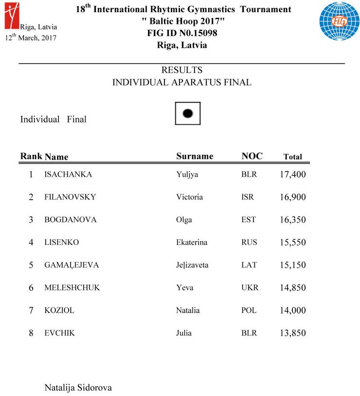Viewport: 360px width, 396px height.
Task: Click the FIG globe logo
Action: pyautogui.click(x=339, y=21)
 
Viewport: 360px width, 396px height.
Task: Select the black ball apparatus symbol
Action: pyautogui.click(x=188, y=113)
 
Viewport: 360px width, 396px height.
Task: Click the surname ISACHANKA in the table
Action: pyautogui.click(x=68, y=174)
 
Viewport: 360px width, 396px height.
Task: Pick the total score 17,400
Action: pyautogui.click(x=292, y=174)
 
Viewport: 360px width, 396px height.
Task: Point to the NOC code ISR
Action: pyautogui.click(x=248, y=197)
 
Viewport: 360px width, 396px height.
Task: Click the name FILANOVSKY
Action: pyautogui.click(x=70, y=197)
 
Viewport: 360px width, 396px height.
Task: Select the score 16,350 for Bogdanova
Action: pyautogui.click(x=292, y=220)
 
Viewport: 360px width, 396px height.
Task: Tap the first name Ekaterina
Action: pyautogui.click(x=192, y=243)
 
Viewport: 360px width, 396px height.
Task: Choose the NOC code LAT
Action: pyautogui.click(x=249, y=265)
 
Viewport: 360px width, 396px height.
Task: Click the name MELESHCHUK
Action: pyautogui.click(x=72, y=288)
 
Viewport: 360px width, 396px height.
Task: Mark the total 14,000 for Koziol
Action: pyautogui.click(x=292, y=311)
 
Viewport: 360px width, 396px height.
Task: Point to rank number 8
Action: pyautogui.click(x=31, y=334)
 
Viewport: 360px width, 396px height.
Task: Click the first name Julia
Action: pyautogui.click(x=184, y=333)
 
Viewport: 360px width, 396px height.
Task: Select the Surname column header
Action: pyautogui.click(x=195, y=156)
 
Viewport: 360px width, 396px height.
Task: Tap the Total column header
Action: pyautogui.click(x=292, y=157)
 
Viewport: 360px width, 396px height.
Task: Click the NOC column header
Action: pyautogui.click(x=252, y=156)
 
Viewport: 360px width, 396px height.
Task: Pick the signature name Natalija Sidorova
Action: pyautogui.click(x=78, y=388)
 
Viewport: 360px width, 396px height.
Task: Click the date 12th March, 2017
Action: pyautogui.click(x=30, y=38)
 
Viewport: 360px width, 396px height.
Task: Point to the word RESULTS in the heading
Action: pyautogui.click(x=182, y=70)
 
